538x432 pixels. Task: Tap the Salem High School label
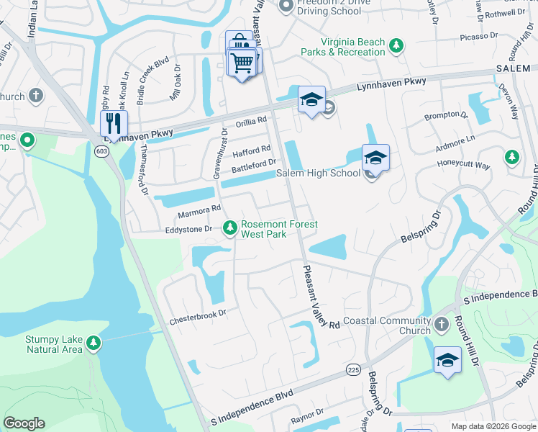pyautogui.click(x=319, y=174)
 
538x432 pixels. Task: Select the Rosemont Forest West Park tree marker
pyautogui.click(x=229, y=228)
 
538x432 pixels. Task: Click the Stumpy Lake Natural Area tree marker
pyautogui.click(x=92, y=343)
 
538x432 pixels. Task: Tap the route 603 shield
pyautogui.click(x=100, y=150)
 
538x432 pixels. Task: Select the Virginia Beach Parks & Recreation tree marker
pyautogui.click(x=396, y=47)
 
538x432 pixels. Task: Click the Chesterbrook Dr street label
pyautogui.click(x=198, y=313)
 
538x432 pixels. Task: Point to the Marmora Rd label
pyautogui.click(x=199, y=210)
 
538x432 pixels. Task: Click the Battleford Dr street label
pyautogui.click(x=254, y=169)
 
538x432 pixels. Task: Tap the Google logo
pyautogui.click(x=24, y=423)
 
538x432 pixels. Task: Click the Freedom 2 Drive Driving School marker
pyautogui.click(x=285, y=6)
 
